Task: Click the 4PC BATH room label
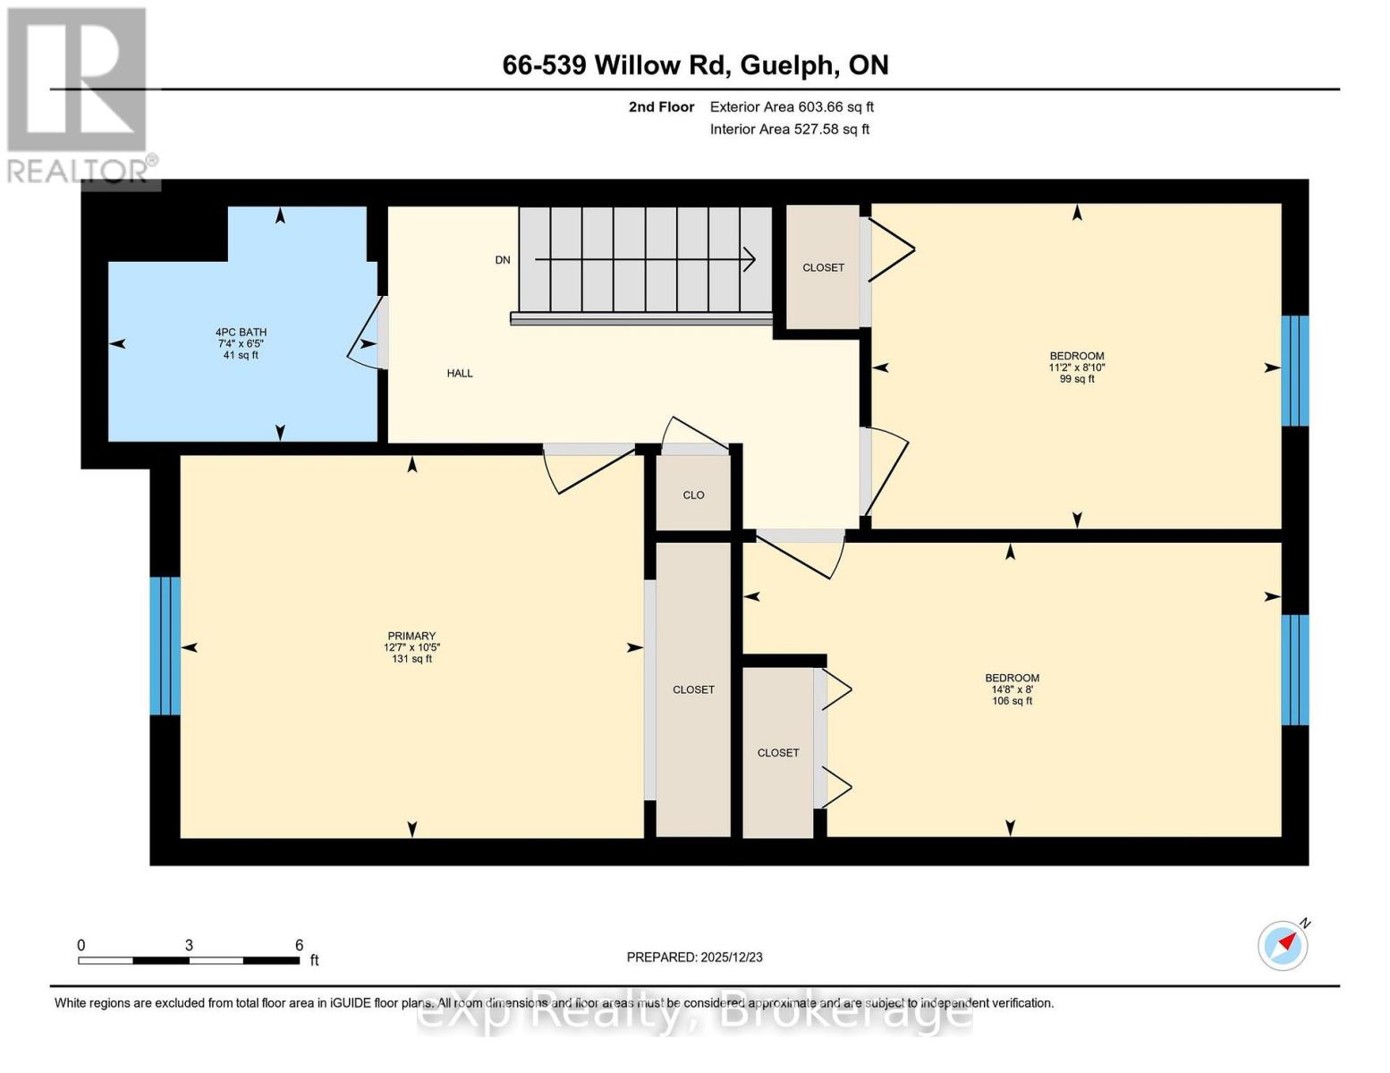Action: point(241,333)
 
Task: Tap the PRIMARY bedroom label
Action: point(411,636)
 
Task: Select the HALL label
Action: point(460,374)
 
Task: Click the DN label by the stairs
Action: point(503,260)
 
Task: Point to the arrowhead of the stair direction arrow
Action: point(750,259)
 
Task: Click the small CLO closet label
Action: point(693,495)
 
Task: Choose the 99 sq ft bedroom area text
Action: point(1077,379)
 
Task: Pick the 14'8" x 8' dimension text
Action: point(1012,689)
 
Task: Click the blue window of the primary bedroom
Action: point(165,646)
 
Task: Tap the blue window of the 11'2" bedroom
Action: point(1294,370)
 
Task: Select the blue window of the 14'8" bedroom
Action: point(1294,669)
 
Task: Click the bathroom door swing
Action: point(363,344)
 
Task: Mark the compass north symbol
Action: point(1284,945)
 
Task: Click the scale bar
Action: point(189,960)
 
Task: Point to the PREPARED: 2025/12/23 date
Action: point(694,958)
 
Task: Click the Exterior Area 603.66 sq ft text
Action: point(792,107)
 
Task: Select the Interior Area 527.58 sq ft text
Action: point(790,130)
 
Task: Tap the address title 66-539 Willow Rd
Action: point(695,65)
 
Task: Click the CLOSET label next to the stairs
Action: point(823,267)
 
